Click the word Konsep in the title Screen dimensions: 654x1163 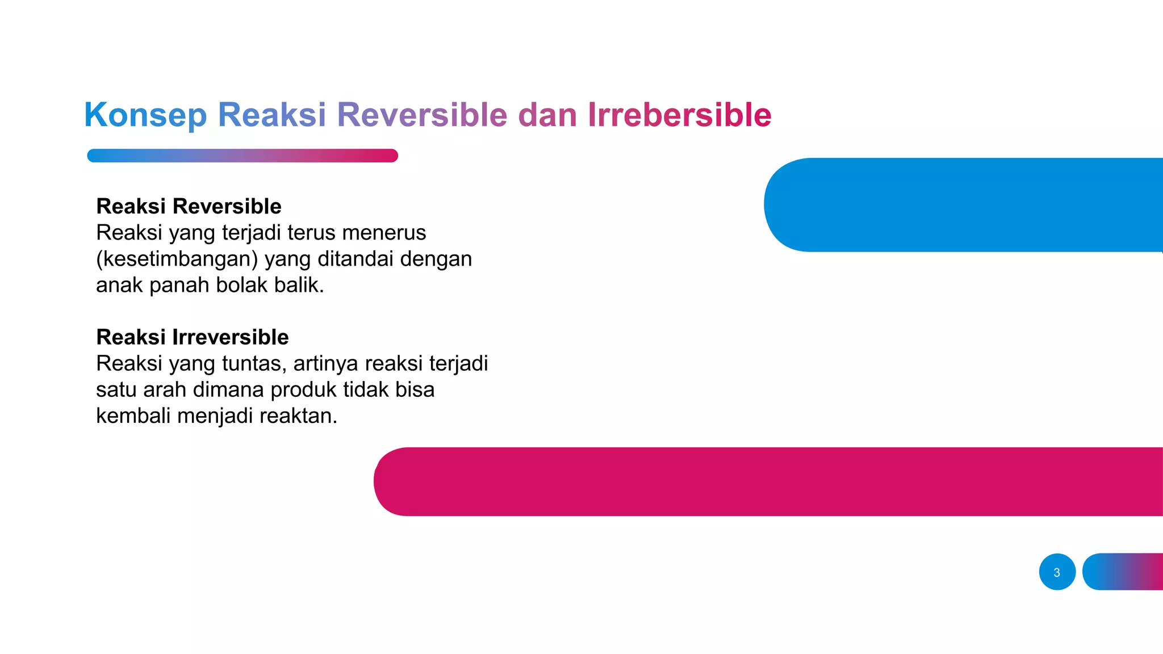coord(145,115)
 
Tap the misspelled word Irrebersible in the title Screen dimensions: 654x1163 coord(679,115)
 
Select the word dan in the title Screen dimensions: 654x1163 coord(547,115)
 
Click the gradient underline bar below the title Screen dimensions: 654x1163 coord(242,156)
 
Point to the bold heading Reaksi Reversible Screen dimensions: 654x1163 coord(189,206)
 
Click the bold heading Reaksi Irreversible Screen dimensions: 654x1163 coord(192,337)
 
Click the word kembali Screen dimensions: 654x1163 coord(133,416)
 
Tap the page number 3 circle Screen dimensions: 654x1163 coord(1057,572)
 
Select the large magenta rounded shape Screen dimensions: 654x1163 coord(767,481)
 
